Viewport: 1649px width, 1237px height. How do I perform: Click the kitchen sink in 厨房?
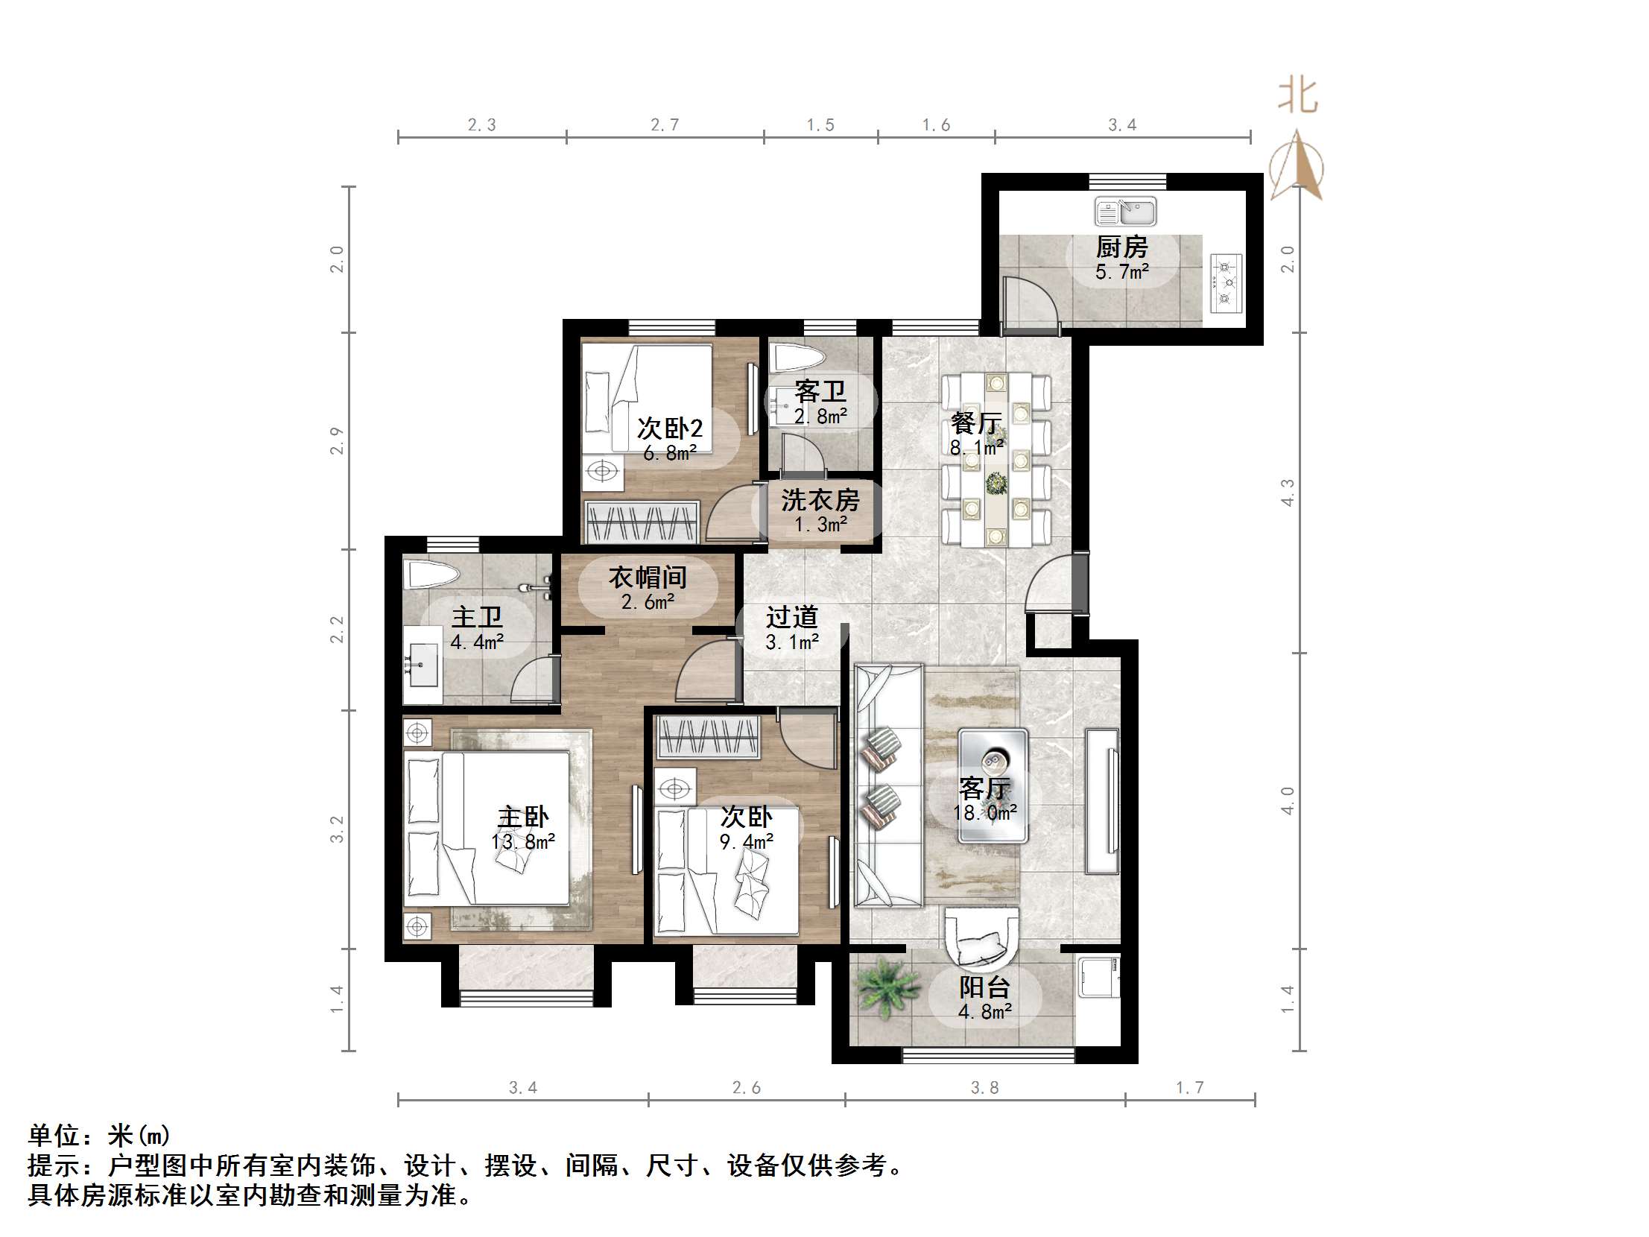click(x=1125, y=212)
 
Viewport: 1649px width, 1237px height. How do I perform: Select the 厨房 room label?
click(x=1121, y=247)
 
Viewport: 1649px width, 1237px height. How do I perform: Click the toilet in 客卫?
click(x=794, y=358)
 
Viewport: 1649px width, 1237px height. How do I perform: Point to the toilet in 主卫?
click(x=431, y=575)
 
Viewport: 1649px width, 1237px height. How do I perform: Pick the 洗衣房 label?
click(x=820, y=500)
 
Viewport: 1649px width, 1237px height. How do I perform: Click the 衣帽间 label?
click(x=647, y=578)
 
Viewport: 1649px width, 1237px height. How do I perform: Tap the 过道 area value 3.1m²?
click(x=792, y=642)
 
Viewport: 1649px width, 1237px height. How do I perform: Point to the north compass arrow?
click(x=1298, y=165)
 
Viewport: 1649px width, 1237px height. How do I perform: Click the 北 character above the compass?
click(x=1298, y=98)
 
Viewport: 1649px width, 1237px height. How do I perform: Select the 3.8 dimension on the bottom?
click(x=984, y=1088)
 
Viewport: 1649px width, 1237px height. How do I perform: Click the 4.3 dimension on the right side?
click(x=1288, y=493)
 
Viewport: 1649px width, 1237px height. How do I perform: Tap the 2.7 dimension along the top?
click(x=664, y=124)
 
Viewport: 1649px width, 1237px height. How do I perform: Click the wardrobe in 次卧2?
click(x=642, y=521)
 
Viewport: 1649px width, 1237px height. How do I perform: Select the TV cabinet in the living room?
click(x=1102, y=801)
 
